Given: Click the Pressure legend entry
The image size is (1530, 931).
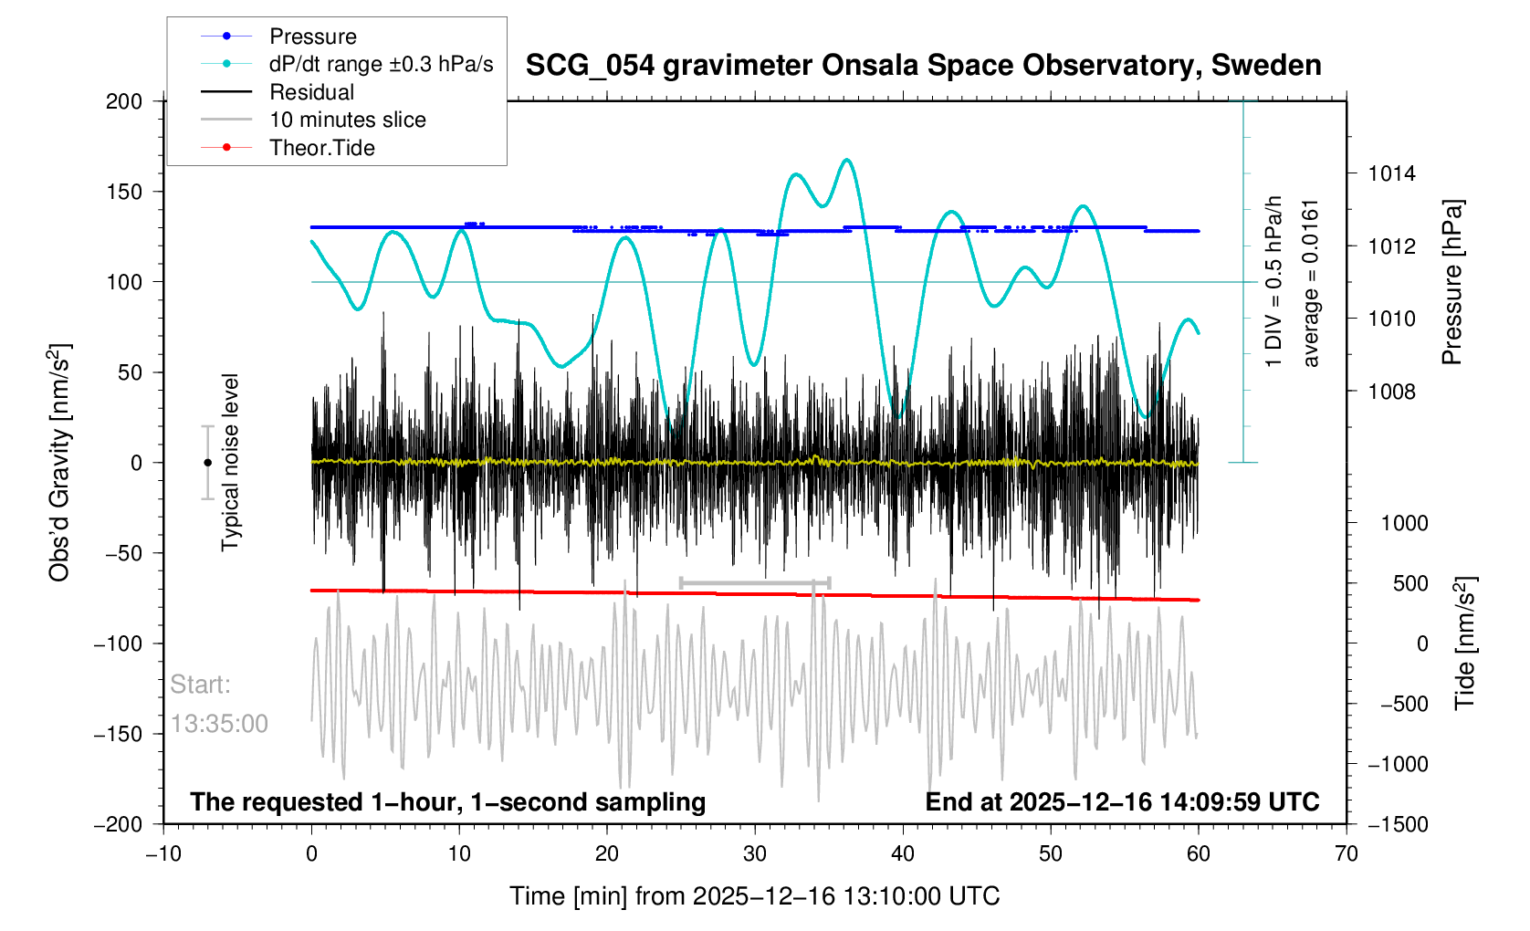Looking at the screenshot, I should coord(312,37).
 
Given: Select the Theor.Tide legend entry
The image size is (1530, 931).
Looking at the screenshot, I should coord(321,148).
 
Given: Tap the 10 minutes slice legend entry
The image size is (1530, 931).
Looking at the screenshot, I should coord(347,120).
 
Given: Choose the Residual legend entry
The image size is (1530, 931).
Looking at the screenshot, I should coord(311,92).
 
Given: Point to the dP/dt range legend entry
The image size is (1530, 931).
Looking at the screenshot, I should coord(381,64).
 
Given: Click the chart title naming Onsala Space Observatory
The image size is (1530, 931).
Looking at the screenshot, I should coord(923,66).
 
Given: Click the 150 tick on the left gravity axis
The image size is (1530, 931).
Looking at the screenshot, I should coord(124,192).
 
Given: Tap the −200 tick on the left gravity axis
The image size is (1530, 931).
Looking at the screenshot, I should coord(119,824).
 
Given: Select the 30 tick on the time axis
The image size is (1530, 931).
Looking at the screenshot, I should coord(755,854).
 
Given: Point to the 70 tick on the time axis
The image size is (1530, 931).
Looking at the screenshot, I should coord(1346,854).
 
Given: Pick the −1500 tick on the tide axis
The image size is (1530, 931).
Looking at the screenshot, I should coord(1398,824).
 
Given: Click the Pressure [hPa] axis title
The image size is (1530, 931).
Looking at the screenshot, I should coord(1451,282).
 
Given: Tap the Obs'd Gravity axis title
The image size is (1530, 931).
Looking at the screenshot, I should coord(59,463).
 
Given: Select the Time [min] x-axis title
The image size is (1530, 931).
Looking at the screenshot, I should coord(754,896).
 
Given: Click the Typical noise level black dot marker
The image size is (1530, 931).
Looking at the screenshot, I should coord(207,463).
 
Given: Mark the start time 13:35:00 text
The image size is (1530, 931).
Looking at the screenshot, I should coord(219,724).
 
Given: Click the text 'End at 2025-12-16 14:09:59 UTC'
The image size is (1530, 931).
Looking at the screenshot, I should coord(1122,802).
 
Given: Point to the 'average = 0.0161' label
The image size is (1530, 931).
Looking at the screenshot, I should coord(1311,283).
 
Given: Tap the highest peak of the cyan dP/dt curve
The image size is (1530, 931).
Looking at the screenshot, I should coord(847,160).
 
